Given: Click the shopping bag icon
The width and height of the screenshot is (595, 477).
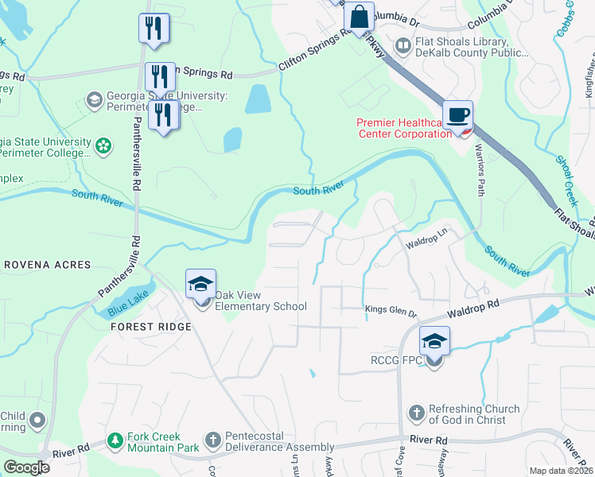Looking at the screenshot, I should [x=360, y=16].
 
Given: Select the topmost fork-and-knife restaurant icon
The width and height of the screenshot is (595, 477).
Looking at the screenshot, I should [x=153, y=28].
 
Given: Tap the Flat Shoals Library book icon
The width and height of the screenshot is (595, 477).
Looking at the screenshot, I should [x=403, y=47].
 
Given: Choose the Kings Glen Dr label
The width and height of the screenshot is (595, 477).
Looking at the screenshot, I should [x=391, y=311].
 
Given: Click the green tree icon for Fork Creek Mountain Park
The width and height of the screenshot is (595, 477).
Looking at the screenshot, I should [x=116, y=440].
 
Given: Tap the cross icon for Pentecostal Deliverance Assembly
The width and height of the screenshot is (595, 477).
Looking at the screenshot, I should [x=212, y=440].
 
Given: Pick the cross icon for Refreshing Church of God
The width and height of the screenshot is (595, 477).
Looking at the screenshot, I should [x=415, y=413].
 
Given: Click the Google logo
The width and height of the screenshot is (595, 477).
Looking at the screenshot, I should [x=26, y=467].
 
